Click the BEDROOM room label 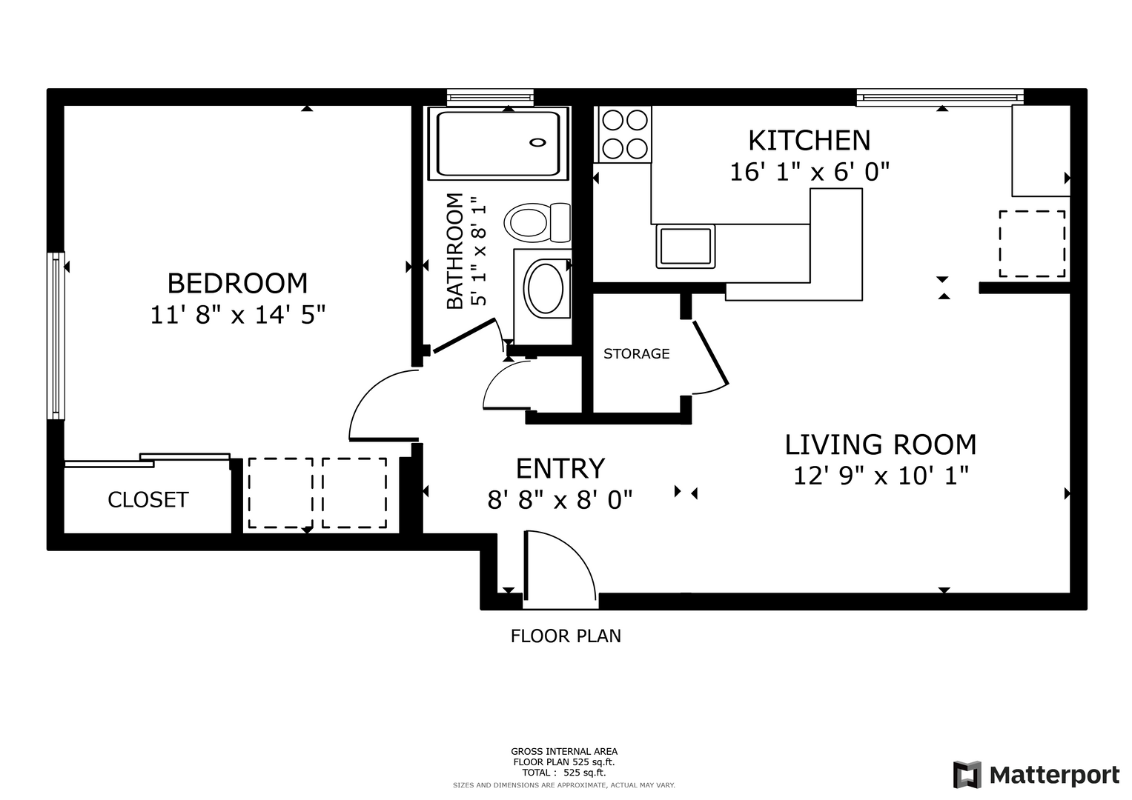click(237, 283)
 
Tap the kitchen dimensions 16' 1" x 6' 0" click(809, 172)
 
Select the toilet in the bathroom click(537, 223)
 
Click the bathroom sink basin click(546, 288)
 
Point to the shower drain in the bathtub click(537, 143)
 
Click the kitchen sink click(686, 247)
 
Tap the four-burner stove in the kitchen click(625, 134)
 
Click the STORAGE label click(636, 353)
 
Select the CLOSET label click(148, 500)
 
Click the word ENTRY click(560, 469)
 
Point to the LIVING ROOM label click(881, 445)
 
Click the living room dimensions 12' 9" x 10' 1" click(881, 476)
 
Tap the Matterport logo click(1036, 775)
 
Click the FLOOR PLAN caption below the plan click(566, 636)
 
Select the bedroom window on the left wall click(56, 336)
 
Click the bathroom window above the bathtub click(490, 98)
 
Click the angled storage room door click(710, 353)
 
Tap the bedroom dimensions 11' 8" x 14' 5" click(237, 315)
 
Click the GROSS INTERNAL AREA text click(564, 752)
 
